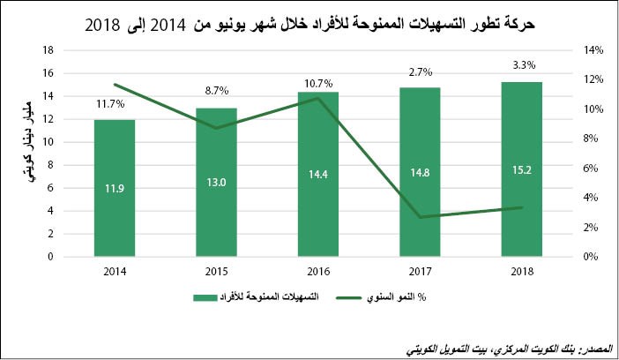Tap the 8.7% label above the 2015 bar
(216, 90)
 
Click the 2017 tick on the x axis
(419, 271)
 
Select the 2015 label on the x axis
(216, 271)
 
